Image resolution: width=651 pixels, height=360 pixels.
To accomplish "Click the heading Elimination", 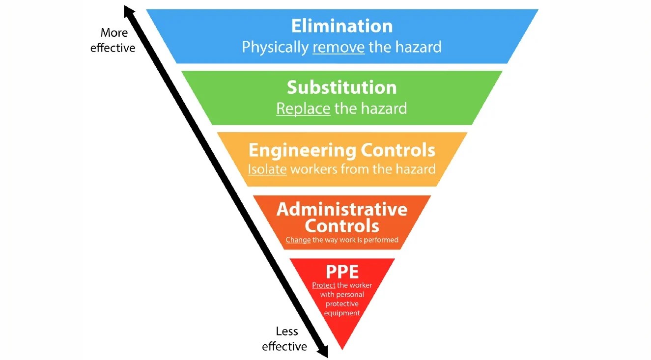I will pyautogui.click(x=342, y=26).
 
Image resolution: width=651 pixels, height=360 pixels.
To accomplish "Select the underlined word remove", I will pyautogui.click(x=339, y=47).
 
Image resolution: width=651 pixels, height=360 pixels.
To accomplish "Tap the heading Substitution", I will pyautogui.click(x=342, y=87).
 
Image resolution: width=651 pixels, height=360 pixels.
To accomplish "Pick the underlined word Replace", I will pyautogui.click(x=303, y=108).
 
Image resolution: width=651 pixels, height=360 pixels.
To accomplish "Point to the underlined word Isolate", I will pyautogui.click(x=267, y=169).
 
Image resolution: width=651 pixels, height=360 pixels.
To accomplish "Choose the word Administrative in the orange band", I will pyautogui.click(x=342, y=209).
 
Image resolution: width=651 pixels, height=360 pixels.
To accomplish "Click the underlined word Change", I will pyautogui.click(x=298, y=240).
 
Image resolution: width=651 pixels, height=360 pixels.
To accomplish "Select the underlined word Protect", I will pyautogui.click(x=324, y=285).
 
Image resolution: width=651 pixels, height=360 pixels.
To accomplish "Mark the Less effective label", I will pyautogui.click(x=285, y=339).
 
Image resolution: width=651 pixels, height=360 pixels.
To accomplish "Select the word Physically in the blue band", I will pyautogui.click(x=275, y=47).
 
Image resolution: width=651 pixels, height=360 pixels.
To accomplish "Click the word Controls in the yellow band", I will pyautogui.click(x=398, y=150).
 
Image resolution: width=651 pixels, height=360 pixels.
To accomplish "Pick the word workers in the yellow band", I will pyautogui.click(x=313, y=169).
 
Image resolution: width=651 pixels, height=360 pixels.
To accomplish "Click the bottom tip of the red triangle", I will pyautogui.click(x=342, y=348).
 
